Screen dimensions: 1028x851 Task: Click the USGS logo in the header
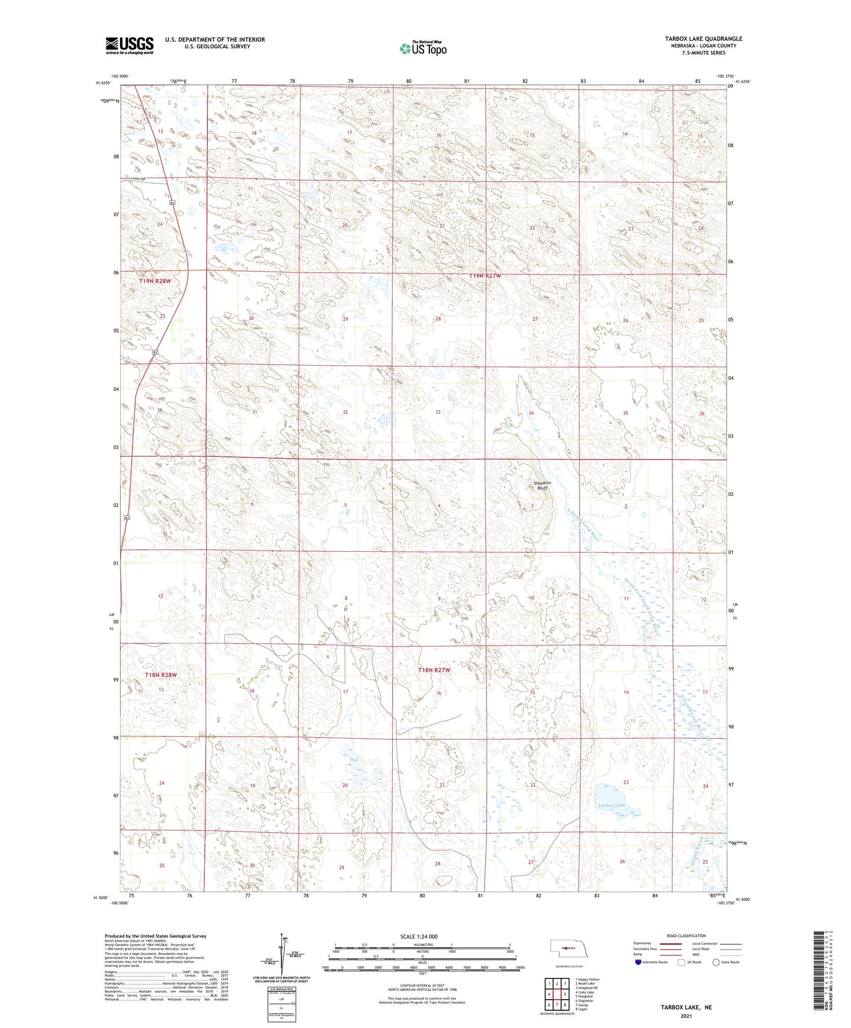tap(130, 45)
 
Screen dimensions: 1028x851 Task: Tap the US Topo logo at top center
tap(422, 48)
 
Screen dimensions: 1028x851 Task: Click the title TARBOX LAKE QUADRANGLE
tap(703, 39)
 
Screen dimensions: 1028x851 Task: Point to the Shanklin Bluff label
tap(541, 486)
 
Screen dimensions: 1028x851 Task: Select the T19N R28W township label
tap(155, 281)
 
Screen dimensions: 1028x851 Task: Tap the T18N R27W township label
tap(434, 670)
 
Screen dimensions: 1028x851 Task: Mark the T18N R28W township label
tap(161, 675)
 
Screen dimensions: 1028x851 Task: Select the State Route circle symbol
tap(716, 962)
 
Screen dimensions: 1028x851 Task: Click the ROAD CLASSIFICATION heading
tap(686, 936)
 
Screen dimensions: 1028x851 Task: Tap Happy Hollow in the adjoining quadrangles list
tap(588, 980)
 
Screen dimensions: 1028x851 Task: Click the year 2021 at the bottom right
tap(686, 1016)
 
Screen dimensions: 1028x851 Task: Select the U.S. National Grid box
tap(282, 1001)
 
